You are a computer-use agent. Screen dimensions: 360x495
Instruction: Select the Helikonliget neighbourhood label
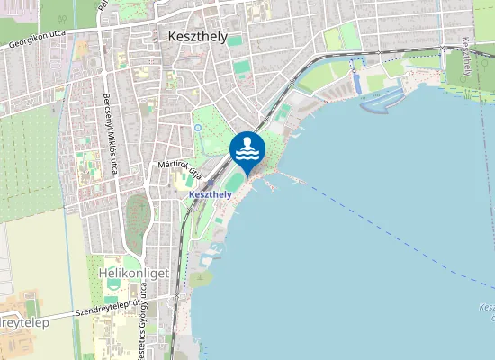129,274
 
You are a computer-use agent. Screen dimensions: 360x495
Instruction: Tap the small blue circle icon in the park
197,128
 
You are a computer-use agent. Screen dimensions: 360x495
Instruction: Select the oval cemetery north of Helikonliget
138,216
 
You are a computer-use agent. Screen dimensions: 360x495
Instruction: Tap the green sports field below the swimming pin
233,184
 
